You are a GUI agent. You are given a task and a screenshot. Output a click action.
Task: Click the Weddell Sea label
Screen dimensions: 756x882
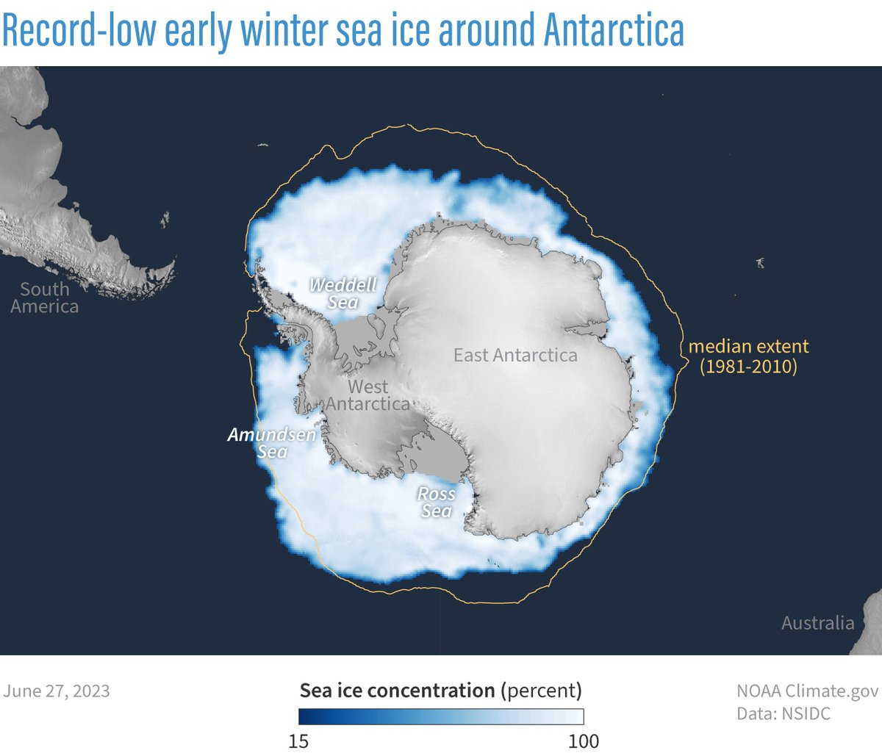coord(343,293)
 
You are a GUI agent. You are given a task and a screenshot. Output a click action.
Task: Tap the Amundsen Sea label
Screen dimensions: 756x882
coord(271,442)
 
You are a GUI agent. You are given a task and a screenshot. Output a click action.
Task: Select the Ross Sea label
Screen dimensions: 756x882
coord(437,502)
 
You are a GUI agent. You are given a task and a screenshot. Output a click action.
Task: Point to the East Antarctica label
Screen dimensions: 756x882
coord(514,356)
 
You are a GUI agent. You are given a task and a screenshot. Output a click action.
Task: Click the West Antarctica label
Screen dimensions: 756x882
coord(367,395)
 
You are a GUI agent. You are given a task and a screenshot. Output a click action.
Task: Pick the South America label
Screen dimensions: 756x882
coord(44,298)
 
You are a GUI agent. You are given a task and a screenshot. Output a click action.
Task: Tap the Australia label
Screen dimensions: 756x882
coord(817,623)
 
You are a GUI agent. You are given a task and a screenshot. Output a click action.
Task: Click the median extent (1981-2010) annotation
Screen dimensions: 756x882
coord(748,356)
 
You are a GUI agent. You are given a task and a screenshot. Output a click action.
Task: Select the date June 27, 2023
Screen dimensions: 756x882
coord(57,691)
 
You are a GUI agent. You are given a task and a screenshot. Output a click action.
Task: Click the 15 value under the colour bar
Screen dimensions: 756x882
coord(298,741)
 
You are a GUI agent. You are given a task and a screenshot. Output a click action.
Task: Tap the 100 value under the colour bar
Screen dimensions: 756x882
coord(584,741)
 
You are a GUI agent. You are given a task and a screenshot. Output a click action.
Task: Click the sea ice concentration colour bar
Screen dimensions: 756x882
coord(441,716)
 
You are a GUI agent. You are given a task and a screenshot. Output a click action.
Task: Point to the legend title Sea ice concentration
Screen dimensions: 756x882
coord(397,691)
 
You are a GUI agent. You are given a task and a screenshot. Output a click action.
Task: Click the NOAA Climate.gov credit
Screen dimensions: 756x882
coord(807,691)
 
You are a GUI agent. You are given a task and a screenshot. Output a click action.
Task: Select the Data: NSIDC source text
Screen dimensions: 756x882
coord(784,713)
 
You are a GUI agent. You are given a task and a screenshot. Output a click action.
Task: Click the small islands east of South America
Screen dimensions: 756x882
coord(165,218)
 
